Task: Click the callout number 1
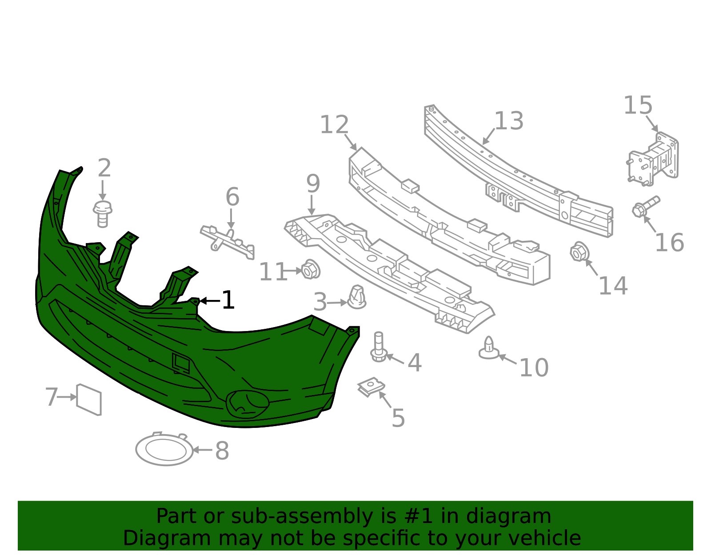pos(228,300)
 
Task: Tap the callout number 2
pos(104,168)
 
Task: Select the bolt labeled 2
pos(102,214)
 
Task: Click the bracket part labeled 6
pos(228,242)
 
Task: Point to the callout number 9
pos(313,184)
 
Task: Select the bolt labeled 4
pos(379,347)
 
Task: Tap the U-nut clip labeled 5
pos(371,387)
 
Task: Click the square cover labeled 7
pos(89,399)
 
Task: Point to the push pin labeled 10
pos(489,347)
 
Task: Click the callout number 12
pos(334,124)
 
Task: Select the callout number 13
pos(509,121)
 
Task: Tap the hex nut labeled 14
pos(579,252)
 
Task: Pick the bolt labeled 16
pos(646,206)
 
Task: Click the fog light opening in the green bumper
pos(248,404)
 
